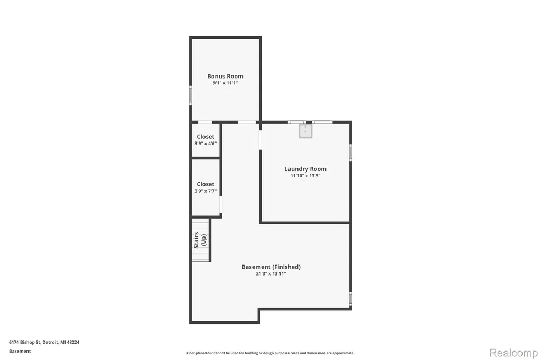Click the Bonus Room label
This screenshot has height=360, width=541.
point(225,76)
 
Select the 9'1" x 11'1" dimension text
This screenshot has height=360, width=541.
point(225,83)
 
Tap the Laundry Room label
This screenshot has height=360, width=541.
point(305,169)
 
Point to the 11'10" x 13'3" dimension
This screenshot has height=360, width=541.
point(305,176)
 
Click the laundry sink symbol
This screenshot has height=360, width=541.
point(305,131)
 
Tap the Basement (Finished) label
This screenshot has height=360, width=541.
point(271,267)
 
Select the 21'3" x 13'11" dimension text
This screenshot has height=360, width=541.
point(271,274)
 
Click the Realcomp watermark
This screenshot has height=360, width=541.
point(514,353)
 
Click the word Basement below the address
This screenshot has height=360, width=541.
point(20,352)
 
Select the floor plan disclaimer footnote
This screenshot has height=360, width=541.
point(270,353)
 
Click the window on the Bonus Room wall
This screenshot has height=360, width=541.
point(190,95)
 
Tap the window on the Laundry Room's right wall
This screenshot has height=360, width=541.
point(351,153)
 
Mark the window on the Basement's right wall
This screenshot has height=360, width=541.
point(351,299)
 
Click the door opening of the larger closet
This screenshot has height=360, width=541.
point(221,204)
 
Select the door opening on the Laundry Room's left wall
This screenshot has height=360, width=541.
point(260,140)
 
